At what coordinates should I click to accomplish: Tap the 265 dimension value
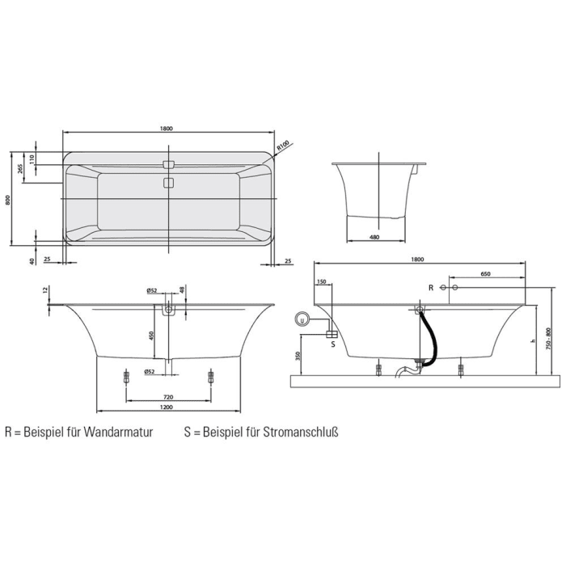19,169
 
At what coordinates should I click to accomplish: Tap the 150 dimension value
322,282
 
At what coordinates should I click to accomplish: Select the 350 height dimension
298,355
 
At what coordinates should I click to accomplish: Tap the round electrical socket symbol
303,319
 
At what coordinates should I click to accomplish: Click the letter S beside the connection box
332,343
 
